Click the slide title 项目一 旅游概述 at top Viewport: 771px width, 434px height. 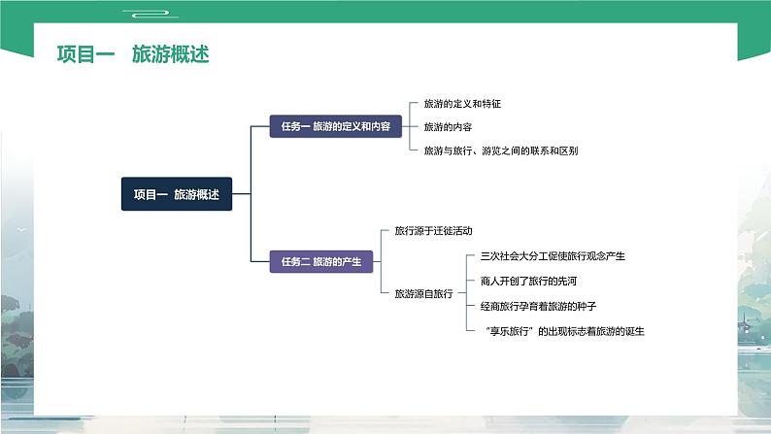(133, 55)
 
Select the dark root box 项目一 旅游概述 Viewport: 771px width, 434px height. (176, 194)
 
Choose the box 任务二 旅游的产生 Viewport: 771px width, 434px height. (321, 261)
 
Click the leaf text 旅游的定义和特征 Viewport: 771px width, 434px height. (462, 103)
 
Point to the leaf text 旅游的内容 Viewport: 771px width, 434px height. (449, 126)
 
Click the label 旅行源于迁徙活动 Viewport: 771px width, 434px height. (433, 231)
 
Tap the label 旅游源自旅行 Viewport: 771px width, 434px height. (423, 293)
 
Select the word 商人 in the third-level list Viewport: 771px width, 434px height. (489, 282)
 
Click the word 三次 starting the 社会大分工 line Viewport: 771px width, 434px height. (489, 256)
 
